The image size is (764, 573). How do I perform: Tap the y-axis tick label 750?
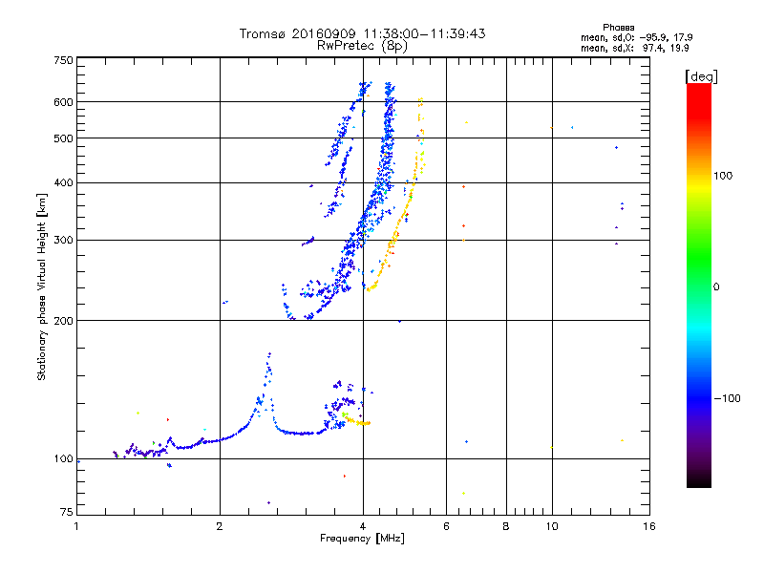63,60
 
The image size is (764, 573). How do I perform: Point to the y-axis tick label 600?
63,102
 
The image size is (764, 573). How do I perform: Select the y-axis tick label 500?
63,138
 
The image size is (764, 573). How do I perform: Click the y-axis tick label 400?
63,183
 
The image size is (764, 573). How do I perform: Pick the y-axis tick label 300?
63,240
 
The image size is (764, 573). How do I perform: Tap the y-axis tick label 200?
63,321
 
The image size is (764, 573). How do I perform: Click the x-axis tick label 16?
648,526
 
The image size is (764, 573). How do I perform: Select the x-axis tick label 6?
446,526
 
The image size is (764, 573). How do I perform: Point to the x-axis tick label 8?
506,526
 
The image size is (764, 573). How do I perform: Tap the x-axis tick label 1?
77,526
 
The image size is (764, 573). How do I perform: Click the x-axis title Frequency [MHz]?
363,540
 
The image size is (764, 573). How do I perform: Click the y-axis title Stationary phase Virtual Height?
42,286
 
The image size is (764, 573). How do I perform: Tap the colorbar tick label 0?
716,286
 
